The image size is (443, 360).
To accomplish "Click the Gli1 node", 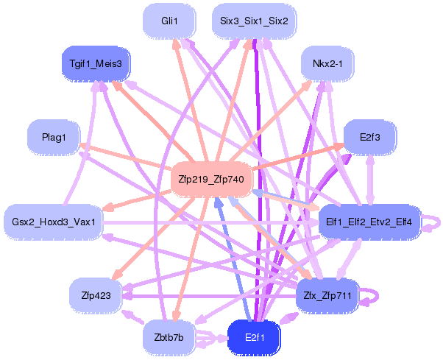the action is pyautogui.click(x=169, y=21).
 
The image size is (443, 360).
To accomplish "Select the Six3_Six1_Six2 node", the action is pyautogui.click(x=254, y=21).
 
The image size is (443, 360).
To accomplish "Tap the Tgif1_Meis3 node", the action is pyautogui.click(x=96, y=63).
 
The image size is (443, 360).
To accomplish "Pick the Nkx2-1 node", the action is pyautogui.click(x=327, y=63).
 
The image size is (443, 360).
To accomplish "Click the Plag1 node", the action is pyautogui.click(x=54, y=138).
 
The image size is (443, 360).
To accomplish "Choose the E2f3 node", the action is pyautogui.click(x=370, y=138).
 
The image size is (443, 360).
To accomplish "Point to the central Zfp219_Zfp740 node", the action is pyautogui.click(x=211, y=180).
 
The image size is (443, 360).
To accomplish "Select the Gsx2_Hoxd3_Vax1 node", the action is pyautogui.click(x=54, y=222).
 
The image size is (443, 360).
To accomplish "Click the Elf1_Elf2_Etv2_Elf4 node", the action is pyautogui.click(x=369, y=222).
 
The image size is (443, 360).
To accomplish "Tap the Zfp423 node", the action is pyautogui.click(x=96, y=295).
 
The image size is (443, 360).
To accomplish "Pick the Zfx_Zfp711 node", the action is pyautogui.click(x=327, y=295).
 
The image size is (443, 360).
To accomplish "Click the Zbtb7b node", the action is pyautogui.click(x=169, y=338).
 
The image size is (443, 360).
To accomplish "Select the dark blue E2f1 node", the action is pyautogui.click(x=255, y=338).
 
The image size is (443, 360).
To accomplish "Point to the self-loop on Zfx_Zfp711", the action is pyautogui.click(x=378, y=295).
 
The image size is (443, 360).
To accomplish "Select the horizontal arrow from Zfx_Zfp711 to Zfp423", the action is pyautogui.click(x=209, y=297).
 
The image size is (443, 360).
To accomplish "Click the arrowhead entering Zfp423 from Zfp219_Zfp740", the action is pyautogui.click(x=117, y=274).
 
